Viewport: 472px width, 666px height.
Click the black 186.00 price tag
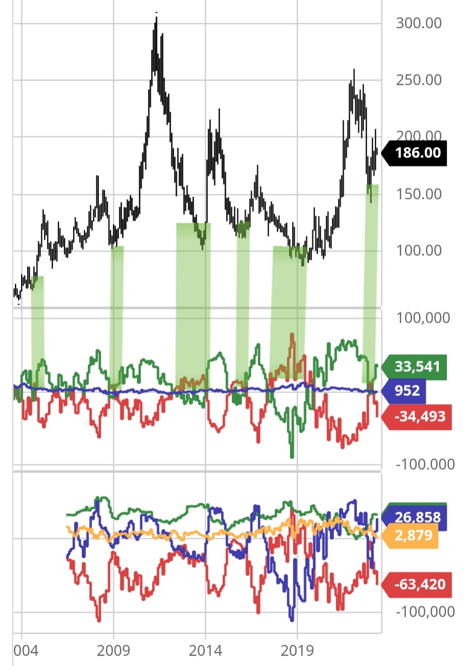pos(417,153)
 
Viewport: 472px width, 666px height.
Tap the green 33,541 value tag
pos(416,366)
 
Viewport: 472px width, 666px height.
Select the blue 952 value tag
pos(406,390)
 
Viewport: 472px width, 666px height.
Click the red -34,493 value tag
pos(419,416)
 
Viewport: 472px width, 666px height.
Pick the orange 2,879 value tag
pos(413,535)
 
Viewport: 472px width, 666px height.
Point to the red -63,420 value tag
pos(419,584)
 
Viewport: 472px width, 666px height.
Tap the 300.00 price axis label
pos(419,23)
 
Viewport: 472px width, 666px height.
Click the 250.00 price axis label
pos(419,80)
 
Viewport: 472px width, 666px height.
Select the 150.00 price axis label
pos(419,194)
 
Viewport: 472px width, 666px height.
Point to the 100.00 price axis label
pos(419,251)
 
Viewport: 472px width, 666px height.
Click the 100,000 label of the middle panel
pos(423,318)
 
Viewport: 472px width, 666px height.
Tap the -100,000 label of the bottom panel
pos(425,612)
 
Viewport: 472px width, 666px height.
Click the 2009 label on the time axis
pos(114,651)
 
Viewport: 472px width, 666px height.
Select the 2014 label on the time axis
pos(205,651)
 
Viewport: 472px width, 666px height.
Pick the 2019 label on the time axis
pos(297,651)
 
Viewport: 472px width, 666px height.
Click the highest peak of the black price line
pos(156,17)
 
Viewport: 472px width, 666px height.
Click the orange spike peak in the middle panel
pos(292,335)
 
